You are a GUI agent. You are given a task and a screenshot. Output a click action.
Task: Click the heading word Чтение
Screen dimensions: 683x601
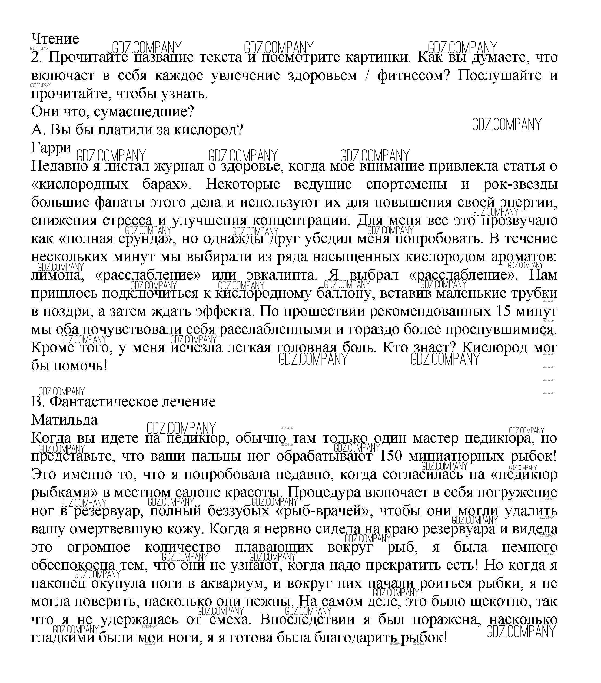point(55,39)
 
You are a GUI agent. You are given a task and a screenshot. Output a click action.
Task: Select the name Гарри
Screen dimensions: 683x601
point(51,147)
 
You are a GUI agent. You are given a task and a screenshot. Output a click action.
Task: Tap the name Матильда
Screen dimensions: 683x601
point(64,420)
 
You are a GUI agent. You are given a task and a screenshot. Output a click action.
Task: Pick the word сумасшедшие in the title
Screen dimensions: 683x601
point(144,111)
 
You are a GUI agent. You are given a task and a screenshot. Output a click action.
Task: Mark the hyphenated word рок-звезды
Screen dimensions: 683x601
point(520,184)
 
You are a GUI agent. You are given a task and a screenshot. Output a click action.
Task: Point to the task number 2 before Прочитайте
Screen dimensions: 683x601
point(35,57)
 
